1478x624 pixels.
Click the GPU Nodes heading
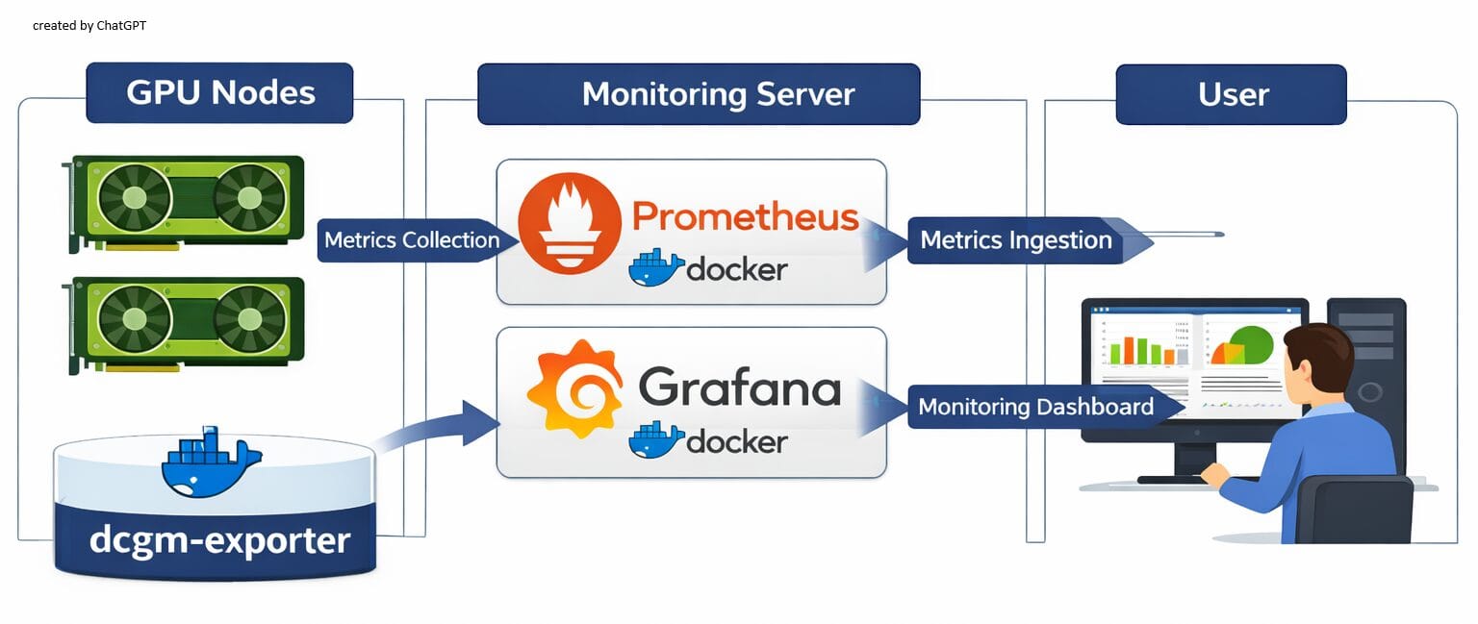click(x=219, y=93)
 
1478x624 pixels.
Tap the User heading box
click(x=1231, y=94)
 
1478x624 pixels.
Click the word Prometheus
click(x=745, y=216)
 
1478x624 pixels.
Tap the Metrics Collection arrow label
click(x=411, y=240)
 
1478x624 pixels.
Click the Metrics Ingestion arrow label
click(x=1015, y=240)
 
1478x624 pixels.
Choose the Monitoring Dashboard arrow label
click(x=1035, y=407)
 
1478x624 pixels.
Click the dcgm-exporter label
click(x=219, y=539)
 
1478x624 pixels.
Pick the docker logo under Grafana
click(x=707, y=441)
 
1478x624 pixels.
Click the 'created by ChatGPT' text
click(x=89, y=26)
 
